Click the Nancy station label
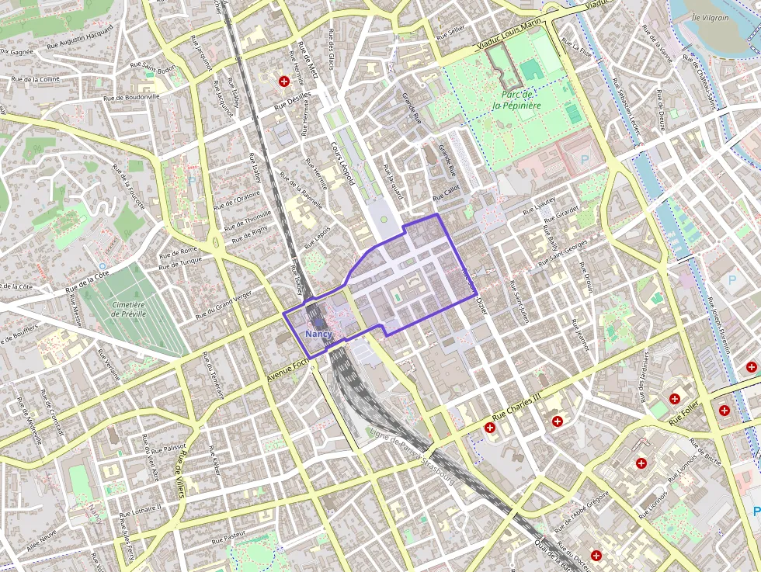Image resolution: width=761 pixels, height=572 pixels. coord(318,334)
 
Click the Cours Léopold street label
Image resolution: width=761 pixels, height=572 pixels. coord(342,163)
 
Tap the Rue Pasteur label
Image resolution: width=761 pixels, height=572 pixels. coord(228,536)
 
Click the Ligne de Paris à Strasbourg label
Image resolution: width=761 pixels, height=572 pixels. coord(412,455)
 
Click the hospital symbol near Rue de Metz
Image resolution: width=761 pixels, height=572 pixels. coord(284,81)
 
